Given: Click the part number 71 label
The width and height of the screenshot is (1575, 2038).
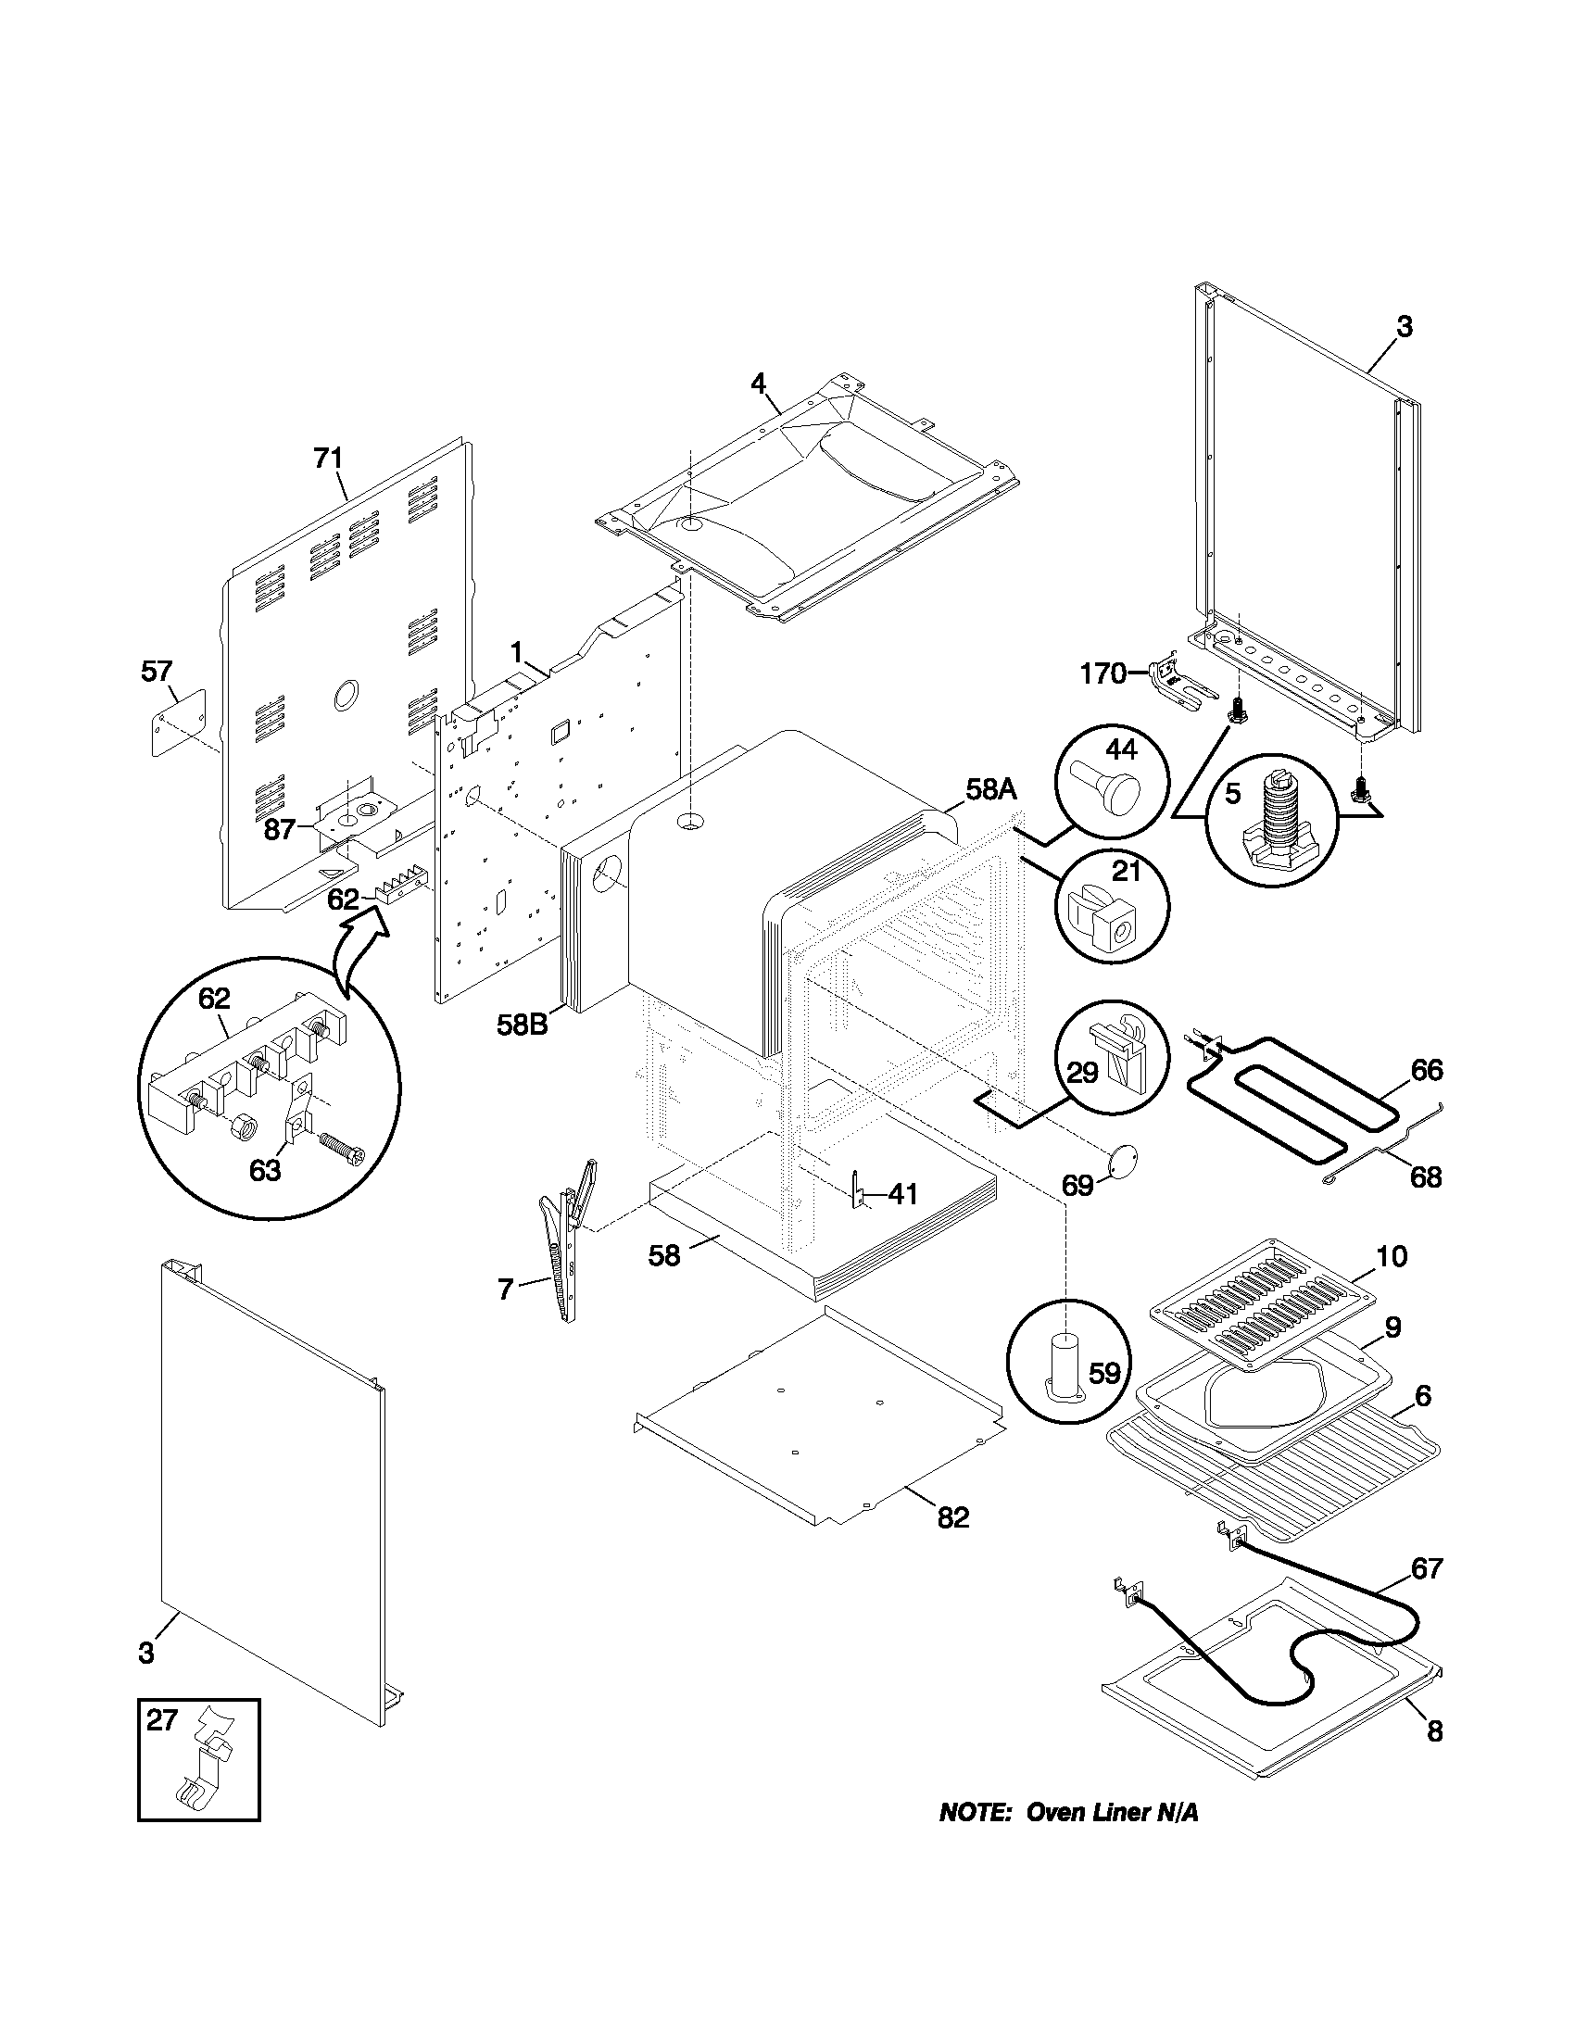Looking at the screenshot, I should (327, 459).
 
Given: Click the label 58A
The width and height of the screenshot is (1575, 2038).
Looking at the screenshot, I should (990, 789).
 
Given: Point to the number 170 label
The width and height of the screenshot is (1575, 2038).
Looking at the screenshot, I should (1103, 673).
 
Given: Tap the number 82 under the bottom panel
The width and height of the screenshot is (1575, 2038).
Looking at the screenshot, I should (952, 1518).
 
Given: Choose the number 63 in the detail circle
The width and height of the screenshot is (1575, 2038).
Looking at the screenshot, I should (265, 1169).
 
